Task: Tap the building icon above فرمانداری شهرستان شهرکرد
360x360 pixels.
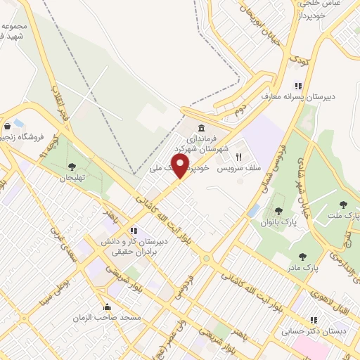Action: [x=202, y=129]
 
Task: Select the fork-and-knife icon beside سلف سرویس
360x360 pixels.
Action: [x=238, y=156]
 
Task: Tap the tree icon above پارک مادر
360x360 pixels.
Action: [x=303, y=257]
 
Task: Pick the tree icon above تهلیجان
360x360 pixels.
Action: [x=72, y=167]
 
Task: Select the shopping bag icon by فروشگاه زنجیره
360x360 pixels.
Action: [x=7, y=127]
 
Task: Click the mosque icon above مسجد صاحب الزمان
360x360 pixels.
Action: [x=107, y=307]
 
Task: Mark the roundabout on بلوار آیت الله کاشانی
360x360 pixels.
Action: [x=205, y=258]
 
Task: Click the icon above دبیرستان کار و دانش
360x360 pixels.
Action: [x=131, y=230]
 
